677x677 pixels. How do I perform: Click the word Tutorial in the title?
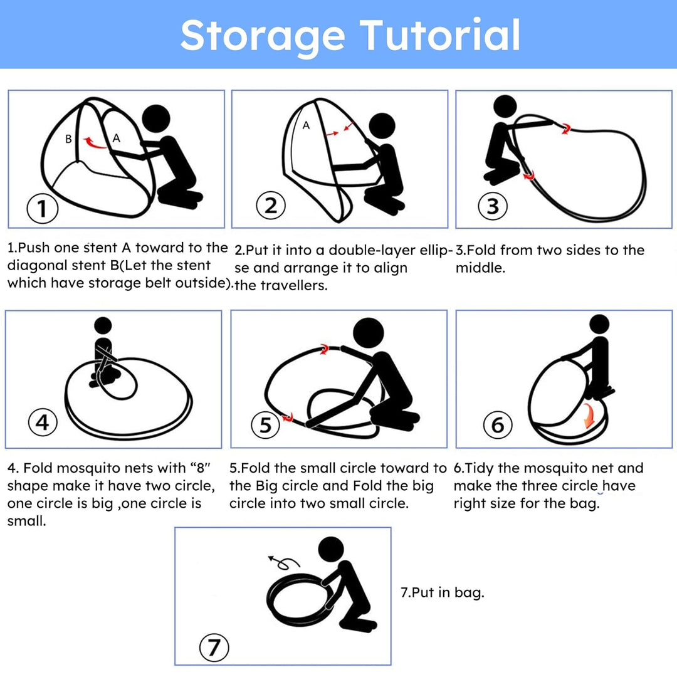click(441, 34)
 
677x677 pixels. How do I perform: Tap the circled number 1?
click(43, 209)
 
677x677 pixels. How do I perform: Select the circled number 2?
click(271, 205)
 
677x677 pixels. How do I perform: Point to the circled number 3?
click(493, 206)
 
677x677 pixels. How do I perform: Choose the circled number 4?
click(43, 422)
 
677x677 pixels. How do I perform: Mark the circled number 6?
click(497, 424)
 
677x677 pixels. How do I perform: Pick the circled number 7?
click(214, 647)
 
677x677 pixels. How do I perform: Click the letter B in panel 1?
click(68, 139)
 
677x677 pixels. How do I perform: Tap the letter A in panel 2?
click(306, 125)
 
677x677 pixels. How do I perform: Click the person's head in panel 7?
click(331, 550)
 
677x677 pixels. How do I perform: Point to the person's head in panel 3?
click(505, 106)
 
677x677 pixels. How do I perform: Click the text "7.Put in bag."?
click(443, 592)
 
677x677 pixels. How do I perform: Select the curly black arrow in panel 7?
click(283, 562)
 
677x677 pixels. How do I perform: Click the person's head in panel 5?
click(369, 333)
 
